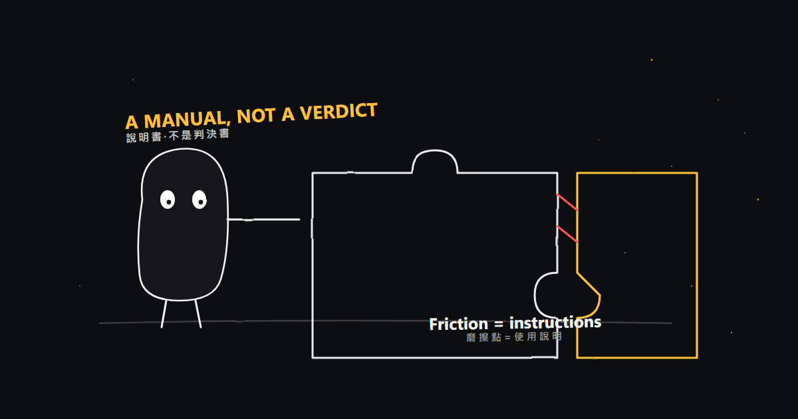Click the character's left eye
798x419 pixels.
coord(168,200)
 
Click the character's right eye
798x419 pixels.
coord(199,200)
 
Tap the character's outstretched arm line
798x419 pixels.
coord(263,219)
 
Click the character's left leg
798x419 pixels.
coord(164,314)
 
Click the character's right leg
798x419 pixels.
coord(198,314)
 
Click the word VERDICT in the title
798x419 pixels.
coord(338,112)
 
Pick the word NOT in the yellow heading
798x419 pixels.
coord(256,116)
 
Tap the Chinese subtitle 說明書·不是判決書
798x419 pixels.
coord(178,136)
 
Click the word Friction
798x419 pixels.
coord(458,325)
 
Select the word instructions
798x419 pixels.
coord(555,323)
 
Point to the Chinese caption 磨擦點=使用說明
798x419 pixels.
coord(514,337)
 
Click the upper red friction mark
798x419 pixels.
coord(567,202)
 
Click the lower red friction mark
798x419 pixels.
coord(567,234)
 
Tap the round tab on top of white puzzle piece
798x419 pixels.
coord(435,151)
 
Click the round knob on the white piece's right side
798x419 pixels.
coord(535,295)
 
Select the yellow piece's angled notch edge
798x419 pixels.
coord(589,284)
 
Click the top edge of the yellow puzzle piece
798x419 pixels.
coord(637,173)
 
